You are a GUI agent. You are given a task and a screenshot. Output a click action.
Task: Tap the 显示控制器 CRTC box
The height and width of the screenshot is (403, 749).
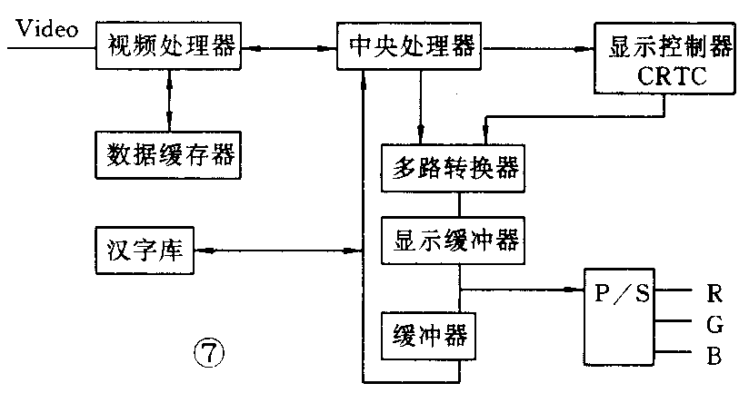coord(663,60)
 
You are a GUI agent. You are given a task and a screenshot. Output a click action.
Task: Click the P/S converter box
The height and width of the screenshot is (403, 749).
coord(620,314)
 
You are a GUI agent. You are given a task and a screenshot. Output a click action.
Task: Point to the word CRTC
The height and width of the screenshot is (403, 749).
coord(671,78)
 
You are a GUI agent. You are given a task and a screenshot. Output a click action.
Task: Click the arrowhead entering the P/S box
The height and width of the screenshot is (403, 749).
coord(574,290)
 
